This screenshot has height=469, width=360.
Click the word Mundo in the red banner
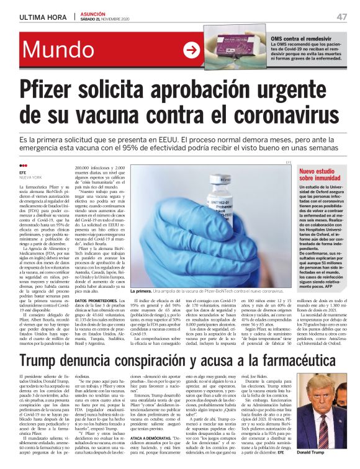click(x=66, y=52)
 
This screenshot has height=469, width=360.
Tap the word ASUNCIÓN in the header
click(x=92, y=13)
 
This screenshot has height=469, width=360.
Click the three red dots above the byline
click(x=24, y=166)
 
